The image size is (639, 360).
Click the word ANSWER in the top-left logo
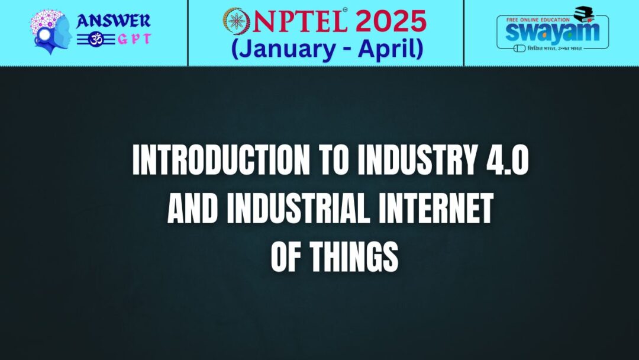(113, 21)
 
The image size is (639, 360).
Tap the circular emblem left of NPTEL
(237, 21)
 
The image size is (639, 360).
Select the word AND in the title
(190, 209)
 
